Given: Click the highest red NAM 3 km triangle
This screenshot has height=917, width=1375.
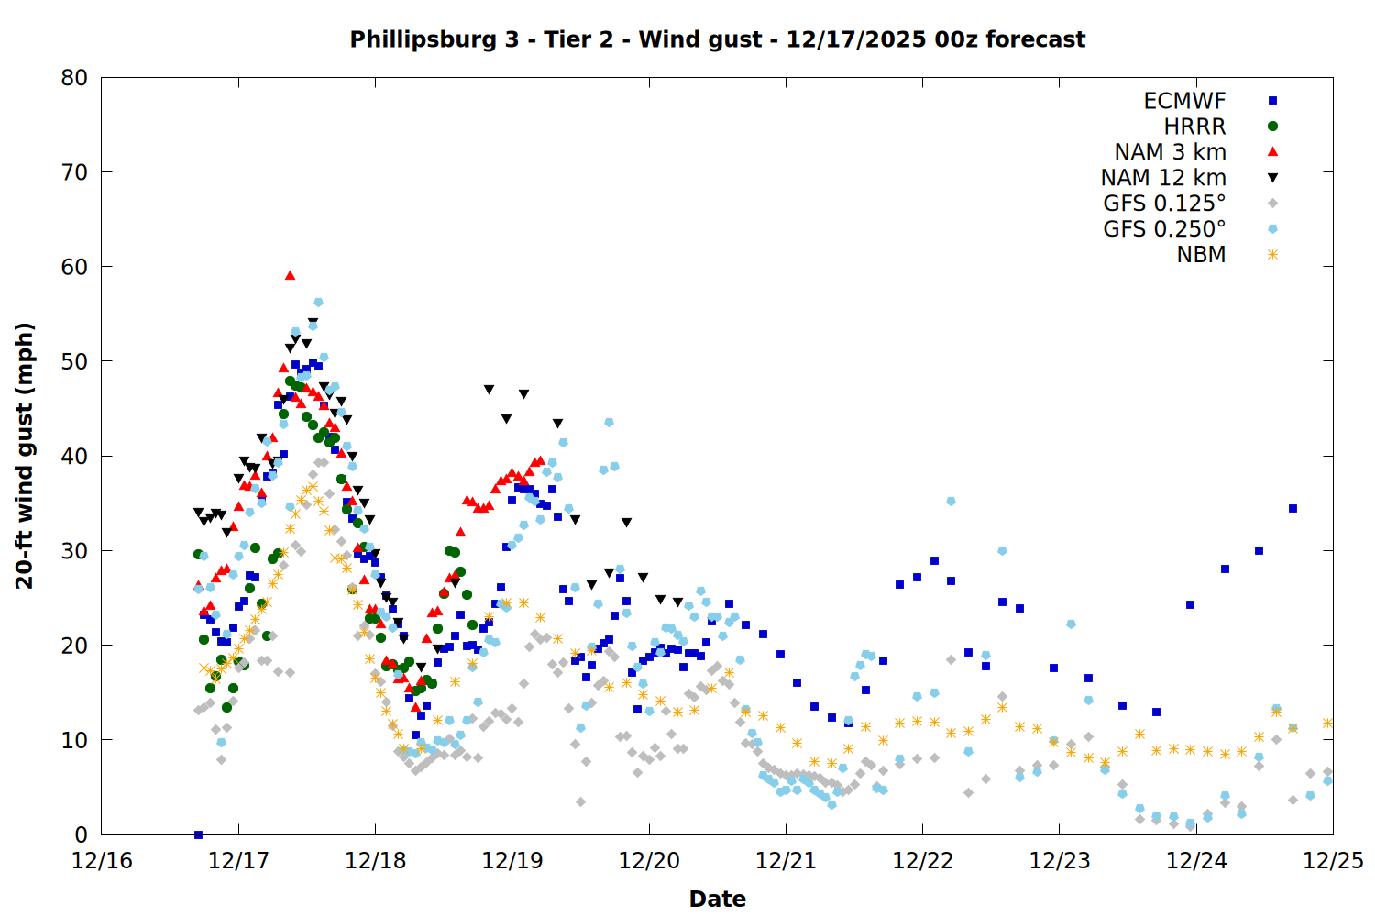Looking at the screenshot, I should pos(290,275).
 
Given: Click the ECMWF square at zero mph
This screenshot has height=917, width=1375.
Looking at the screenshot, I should pos(198,834).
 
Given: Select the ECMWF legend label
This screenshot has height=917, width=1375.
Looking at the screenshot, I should pos(1184,101).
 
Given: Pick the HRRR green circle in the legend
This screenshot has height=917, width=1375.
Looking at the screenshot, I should pos(1272,127).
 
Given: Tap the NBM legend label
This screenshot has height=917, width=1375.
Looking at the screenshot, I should pos(1201,255).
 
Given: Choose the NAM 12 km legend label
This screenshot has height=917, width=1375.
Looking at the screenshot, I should pos(1163,178).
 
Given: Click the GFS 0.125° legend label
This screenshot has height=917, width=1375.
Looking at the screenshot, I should pos(1164,204).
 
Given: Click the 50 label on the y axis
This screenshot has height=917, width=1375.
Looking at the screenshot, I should pos(74,361).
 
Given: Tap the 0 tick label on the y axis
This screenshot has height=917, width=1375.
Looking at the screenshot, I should pos(82,834).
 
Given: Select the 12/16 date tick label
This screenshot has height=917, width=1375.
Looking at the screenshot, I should pos(102,862).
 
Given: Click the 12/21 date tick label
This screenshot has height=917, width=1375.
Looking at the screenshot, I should pos(786,862).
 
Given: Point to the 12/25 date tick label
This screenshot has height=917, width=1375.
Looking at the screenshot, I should pos(1333,862).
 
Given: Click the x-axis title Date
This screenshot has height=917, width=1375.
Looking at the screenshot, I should pos(717,899).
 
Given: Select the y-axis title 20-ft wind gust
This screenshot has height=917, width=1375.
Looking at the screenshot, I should pos(25,456).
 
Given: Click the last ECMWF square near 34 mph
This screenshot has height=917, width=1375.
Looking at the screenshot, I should pos(1292,508).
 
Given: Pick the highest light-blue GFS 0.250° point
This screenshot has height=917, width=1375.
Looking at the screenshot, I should pos(318,302).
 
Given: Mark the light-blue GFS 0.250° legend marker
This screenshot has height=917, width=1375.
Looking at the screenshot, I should pos(1272,229).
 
